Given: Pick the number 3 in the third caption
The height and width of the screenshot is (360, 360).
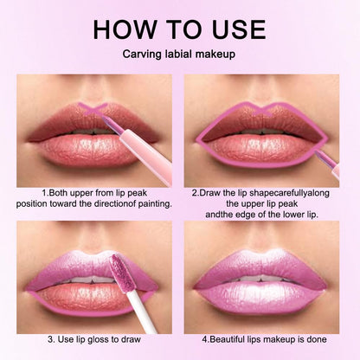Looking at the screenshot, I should (x=50, y=337).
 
